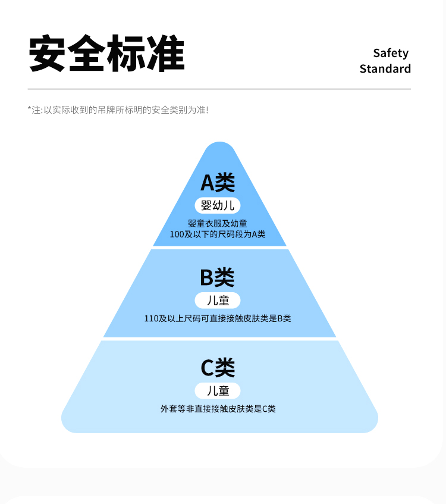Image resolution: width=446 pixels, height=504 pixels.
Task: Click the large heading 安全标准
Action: coord(107,54)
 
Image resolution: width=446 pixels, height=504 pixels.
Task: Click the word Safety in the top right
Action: coord(391,53)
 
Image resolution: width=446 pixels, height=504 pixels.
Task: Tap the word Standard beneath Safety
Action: coord(385,68)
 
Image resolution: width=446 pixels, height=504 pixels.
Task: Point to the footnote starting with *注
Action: coord(118,110)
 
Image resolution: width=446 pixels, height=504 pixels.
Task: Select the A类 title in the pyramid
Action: coord(218,182)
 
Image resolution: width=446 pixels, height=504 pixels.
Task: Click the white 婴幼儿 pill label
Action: coord(218,206)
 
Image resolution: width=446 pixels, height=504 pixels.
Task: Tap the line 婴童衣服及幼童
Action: coord(218,224)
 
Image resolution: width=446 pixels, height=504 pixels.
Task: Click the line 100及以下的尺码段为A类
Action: coord(218,234)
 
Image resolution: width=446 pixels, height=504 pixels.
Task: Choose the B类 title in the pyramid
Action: coord(218,277)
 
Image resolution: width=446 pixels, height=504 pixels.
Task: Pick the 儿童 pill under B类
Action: coord(218,299)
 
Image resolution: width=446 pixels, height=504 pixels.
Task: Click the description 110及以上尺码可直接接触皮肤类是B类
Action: coord(218,318)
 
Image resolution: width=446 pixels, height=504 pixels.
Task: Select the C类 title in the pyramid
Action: coord(218,368)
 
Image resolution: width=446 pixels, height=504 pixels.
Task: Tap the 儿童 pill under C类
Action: coord(218,390)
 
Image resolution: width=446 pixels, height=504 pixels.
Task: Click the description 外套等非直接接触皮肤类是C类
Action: coord(218,409)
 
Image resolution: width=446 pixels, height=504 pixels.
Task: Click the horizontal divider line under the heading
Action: coord(219,89)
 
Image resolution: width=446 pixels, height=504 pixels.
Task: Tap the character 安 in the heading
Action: coord(48,54)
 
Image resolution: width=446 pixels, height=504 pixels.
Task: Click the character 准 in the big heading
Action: coord(165,54)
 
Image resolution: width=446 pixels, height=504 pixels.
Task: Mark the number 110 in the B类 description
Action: coord(151,318)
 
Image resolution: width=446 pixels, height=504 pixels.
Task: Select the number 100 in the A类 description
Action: coord(177,234)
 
